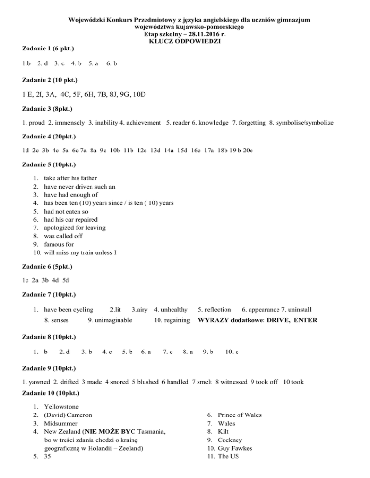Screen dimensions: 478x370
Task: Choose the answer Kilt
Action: click(x=224, y=432)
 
